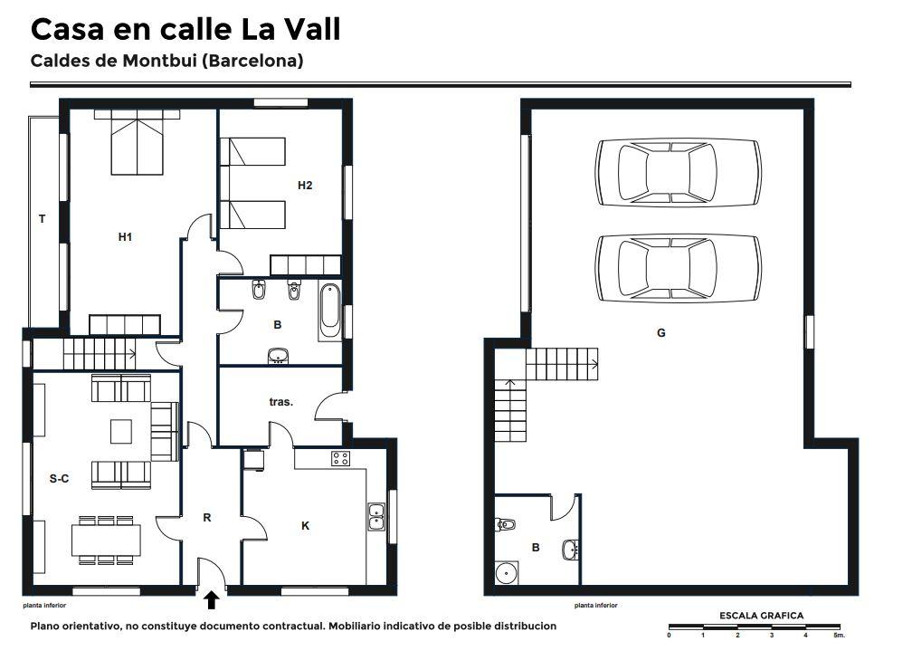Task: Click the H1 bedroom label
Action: [x=125, y=237]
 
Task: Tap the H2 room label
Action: [x=305, y=185]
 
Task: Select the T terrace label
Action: [x=42, y=219]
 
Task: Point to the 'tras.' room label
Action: [x=280, y=402]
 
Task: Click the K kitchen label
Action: [x=306, y=526]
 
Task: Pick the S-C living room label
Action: [x=60, y=478]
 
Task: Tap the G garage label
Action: [x=660, y=333]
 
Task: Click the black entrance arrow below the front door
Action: [x=211, y=600]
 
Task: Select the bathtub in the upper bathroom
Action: [x=329, y=311]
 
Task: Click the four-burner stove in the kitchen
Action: [x=341, y=459]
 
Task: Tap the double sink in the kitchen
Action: [x=376, y=517]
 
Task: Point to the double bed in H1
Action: [x=137, y=143]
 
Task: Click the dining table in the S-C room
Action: [x=106, y=541]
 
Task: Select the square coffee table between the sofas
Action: [x=121, y=431]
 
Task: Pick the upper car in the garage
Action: [x=679, y=172]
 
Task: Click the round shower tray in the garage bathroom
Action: [x=507, y=573]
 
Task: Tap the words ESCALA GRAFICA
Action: [x=762, y=616]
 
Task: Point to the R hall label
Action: [x=207, y=518]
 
